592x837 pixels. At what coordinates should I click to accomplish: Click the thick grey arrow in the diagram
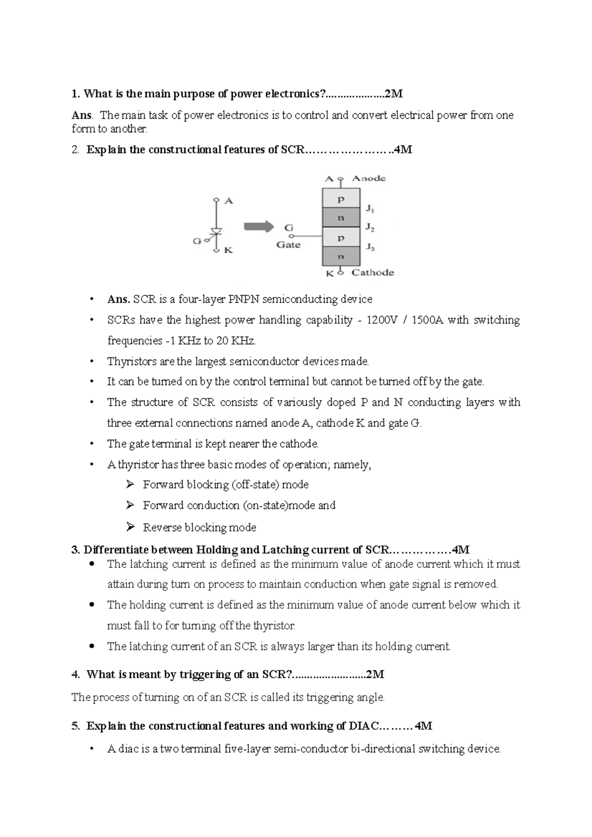(259, 227)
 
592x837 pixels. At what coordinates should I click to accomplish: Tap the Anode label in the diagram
(369, 178)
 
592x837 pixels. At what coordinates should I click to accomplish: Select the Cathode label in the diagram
(372, 273)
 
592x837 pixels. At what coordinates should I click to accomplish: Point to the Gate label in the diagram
(288, 245)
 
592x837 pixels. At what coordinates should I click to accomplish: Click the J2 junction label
(370, 227)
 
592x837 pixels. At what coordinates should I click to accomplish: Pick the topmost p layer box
(341, 199)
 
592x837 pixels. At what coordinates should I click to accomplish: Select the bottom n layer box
(341, 257)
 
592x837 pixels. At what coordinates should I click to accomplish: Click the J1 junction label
(370, 209)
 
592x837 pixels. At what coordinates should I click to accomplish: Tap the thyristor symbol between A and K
(216, 232)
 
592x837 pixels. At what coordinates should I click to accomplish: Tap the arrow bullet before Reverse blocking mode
(130, 527)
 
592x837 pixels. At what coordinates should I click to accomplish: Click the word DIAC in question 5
(364, 726)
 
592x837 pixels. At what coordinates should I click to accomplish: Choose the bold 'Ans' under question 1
(81, 115)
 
